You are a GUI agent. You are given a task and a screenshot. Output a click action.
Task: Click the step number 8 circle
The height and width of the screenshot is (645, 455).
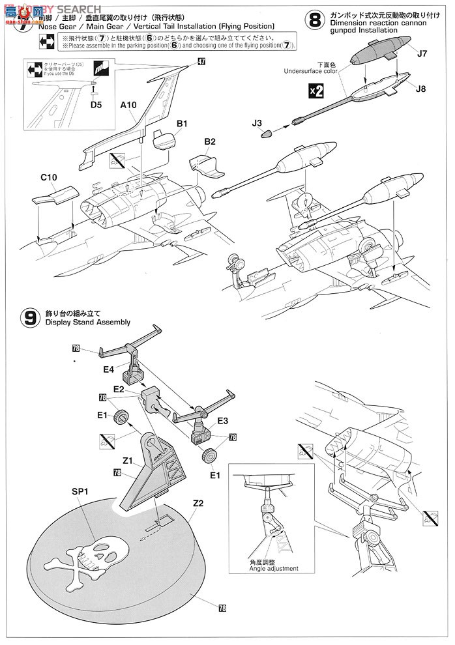315,20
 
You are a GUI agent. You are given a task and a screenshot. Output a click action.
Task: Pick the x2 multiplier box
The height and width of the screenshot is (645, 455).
316,91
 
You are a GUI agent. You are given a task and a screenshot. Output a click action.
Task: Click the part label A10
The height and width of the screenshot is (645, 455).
128,104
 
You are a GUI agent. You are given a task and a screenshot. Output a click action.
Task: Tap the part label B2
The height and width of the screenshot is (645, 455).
210,141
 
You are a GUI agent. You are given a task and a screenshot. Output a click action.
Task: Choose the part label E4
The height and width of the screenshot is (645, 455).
108,369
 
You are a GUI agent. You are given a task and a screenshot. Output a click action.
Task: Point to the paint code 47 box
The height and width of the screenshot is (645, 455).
201,61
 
